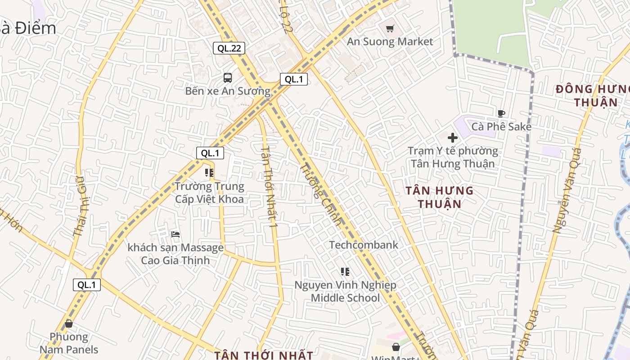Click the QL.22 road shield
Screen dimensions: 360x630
tap(229, 48)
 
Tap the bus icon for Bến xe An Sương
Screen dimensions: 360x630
tap(228, 77)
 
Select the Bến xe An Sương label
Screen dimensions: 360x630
tap(228, 91)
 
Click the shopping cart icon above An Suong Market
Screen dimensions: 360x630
tap(390, 29)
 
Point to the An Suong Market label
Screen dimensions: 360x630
tap(390, 41)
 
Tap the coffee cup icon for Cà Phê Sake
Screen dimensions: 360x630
tap(501, 113)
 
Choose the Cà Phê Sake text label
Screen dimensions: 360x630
tap(501, 126)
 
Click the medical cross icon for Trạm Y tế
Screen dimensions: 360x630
tap(453, 137)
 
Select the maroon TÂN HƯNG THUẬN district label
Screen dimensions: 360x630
tap(439, 197)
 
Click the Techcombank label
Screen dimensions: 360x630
tap(364, 245)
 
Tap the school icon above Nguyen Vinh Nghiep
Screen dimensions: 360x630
tap(345, 272)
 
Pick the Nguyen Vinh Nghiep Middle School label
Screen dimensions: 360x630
tap(345, 291)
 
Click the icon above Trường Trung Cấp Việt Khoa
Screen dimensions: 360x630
tap(209, 172)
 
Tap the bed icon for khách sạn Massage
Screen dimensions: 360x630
tap(175, 234)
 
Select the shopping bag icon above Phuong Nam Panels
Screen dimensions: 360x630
tap(69, 324)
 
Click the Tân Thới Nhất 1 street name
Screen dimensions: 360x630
tap(269, 186)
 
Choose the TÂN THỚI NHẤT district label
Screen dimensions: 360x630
tap(263, 355)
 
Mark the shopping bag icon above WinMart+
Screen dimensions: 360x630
tap(396, 347)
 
